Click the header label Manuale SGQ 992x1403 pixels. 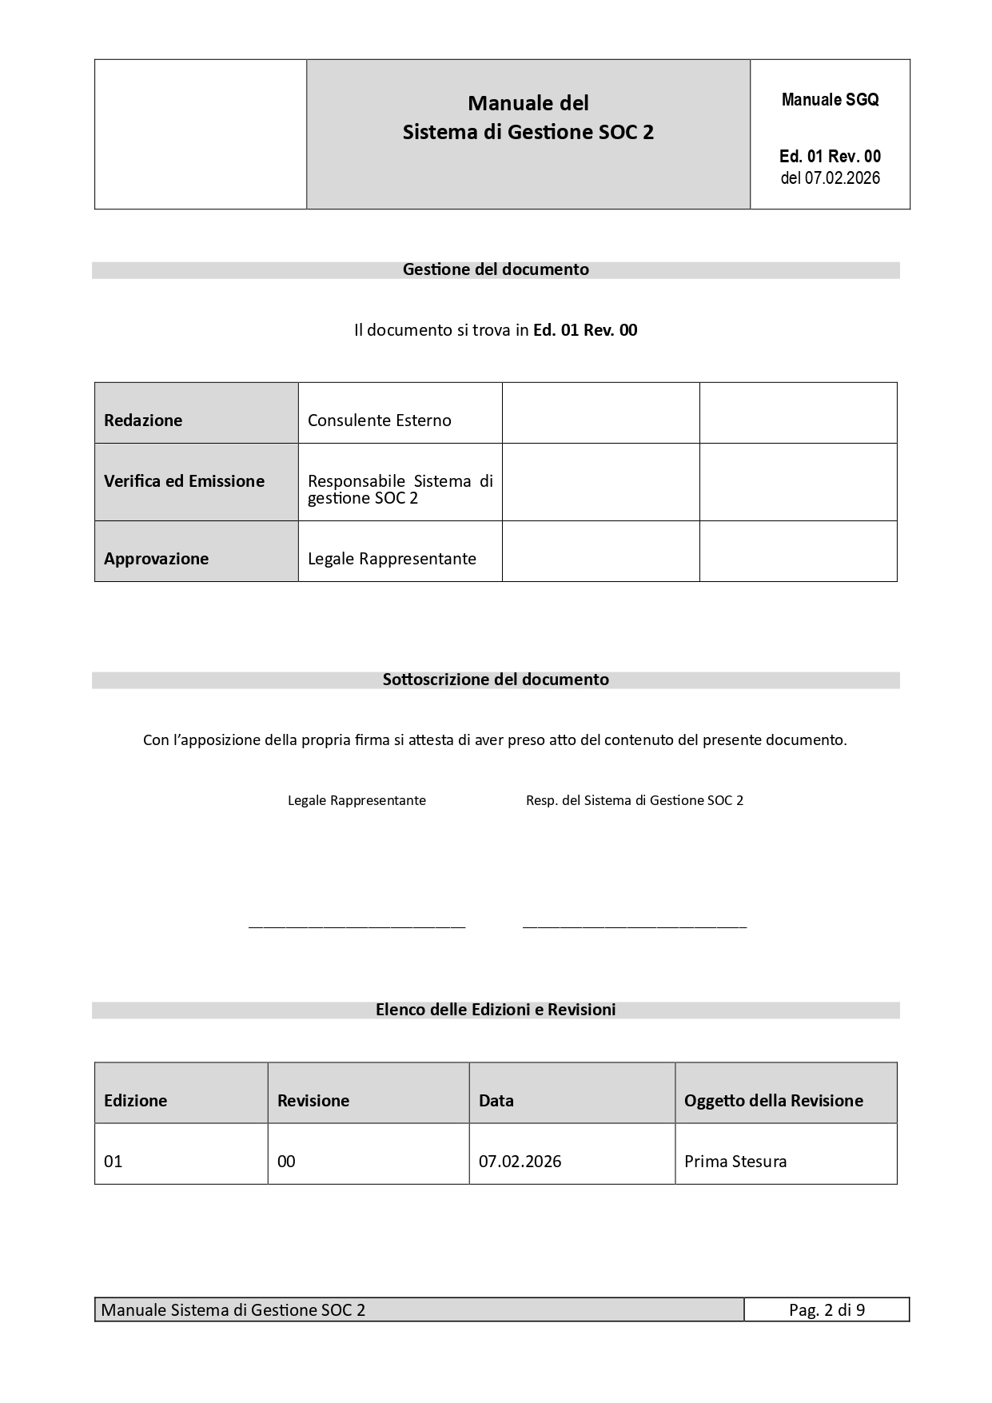830,100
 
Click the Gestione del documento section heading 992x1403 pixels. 496,269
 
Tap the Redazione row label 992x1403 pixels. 143,421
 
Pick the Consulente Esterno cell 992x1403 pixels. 380,421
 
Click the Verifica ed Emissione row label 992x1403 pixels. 184,481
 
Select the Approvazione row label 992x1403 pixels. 156,559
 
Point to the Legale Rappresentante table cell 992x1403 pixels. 392,559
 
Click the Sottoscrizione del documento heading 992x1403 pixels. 496,680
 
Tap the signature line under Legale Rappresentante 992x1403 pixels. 357,927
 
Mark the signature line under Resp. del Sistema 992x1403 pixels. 635,927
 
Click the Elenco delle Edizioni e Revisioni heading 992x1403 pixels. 496,1010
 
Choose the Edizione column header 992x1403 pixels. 136,1101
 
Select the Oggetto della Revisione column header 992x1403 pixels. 773,1101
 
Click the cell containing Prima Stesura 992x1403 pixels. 735,1162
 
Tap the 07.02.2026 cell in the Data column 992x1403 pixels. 520,1162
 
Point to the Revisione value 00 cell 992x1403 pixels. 286,1162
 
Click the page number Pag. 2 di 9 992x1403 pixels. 827,1309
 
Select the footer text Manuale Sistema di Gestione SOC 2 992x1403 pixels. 233,1309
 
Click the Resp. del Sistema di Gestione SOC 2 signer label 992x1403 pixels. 635,800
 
